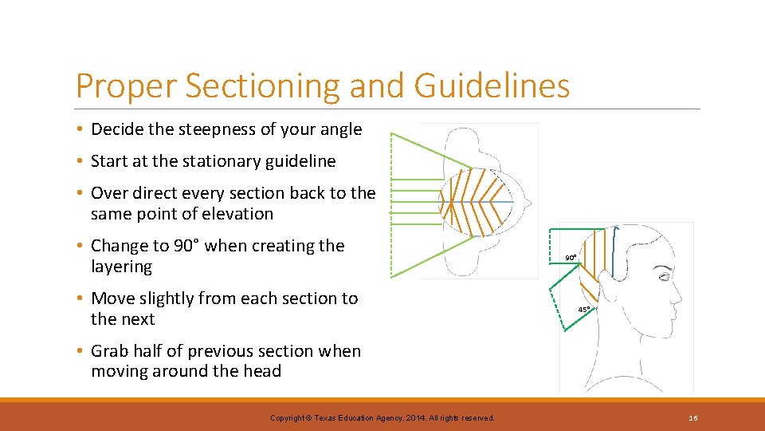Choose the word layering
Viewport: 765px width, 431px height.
(121, 267)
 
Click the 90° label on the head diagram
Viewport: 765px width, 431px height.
(571, 258)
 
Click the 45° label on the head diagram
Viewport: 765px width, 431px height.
(584, 309)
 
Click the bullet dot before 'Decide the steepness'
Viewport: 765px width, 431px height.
(82, 130)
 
